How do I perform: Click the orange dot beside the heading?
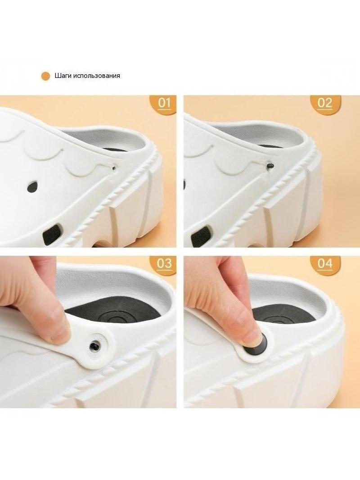[45, 76]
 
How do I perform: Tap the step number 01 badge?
[164, 104]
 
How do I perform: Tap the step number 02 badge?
[325, 104]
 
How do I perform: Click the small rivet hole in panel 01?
[114, 167]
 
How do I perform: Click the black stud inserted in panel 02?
[270, 165]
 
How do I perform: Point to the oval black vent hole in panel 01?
[31, 186]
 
